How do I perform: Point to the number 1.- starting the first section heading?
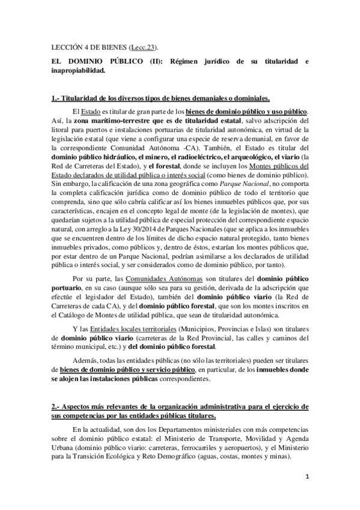point(56,98)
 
